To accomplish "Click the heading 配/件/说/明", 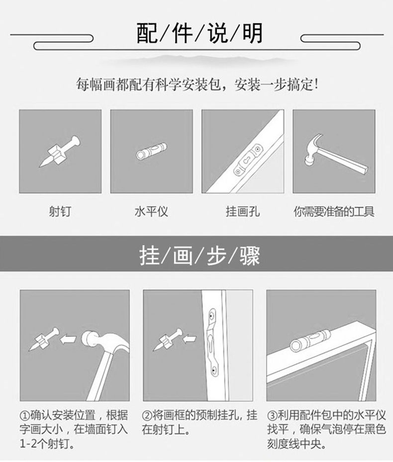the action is tap(199, 33).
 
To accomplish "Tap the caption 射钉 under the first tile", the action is tap(60, 211).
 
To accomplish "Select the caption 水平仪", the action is tap(151, 211).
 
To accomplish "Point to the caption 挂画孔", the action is tap(243, 211).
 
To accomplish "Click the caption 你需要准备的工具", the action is tap(334, 211).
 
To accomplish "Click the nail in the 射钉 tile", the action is tap(60, 152).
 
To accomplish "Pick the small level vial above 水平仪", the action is tap(151, 151).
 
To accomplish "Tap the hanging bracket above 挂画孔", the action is tap(247, 160).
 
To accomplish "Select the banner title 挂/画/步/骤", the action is tap(199, 255).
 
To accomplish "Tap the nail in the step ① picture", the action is tap(44, 339).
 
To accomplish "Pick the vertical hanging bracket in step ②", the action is tap(213, 342).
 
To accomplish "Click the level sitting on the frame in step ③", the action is tap(310, 340).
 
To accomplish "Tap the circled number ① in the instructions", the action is tap(25, 416).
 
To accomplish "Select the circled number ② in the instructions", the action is tap(147, 416).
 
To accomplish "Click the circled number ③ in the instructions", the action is tap(272, 416).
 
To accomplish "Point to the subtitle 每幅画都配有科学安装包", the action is tap(149, 85).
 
